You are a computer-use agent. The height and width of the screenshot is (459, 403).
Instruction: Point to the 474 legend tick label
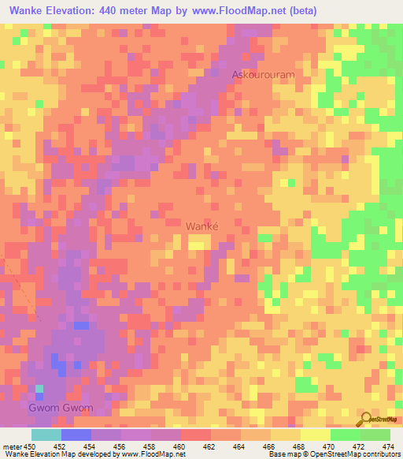pyautogui.click(x=389, y=447)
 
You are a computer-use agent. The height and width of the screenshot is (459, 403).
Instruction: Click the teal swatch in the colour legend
pyautogui.click(x=46, y=435)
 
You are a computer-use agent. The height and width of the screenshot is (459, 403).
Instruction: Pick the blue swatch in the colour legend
pyautogui.click(x=76, y=435)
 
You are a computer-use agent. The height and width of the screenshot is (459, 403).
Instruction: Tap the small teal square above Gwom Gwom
pyautogui.click(x=40, y=388)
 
